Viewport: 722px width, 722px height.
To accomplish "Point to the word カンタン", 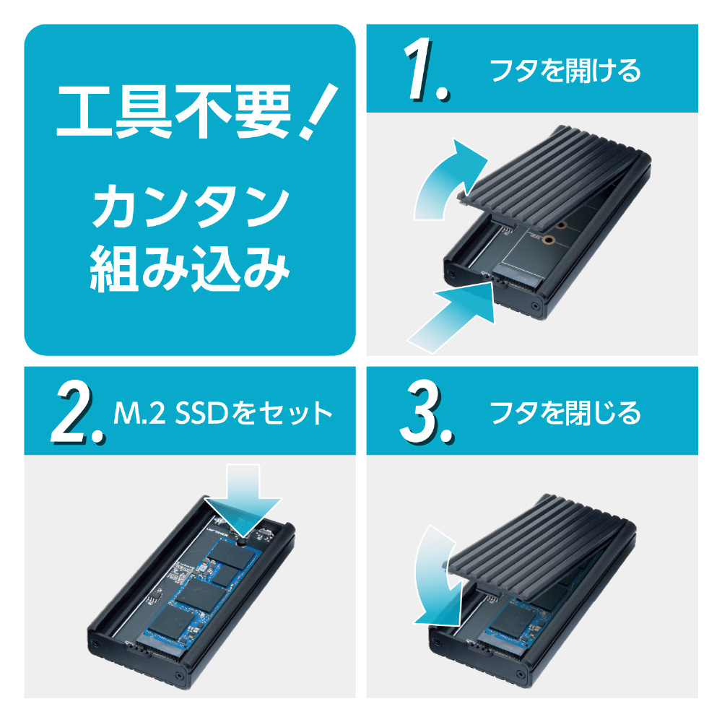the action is coord(191,207).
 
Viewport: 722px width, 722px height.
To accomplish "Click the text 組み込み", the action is coord(190,269).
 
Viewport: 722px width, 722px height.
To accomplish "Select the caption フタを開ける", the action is coord(565,71).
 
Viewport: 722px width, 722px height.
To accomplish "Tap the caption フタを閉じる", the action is coord(565,412).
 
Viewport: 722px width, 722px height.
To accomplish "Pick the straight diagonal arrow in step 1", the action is coord(451,318).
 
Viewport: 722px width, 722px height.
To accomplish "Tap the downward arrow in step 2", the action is coord(243,500).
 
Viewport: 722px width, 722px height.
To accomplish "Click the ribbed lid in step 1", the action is coord(552,180).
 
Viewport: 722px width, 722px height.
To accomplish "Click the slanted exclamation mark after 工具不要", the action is coord(317,111).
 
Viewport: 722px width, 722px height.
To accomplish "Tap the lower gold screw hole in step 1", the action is coord(547,240).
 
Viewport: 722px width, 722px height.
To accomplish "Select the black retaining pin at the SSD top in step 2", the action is coord(241,542).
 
